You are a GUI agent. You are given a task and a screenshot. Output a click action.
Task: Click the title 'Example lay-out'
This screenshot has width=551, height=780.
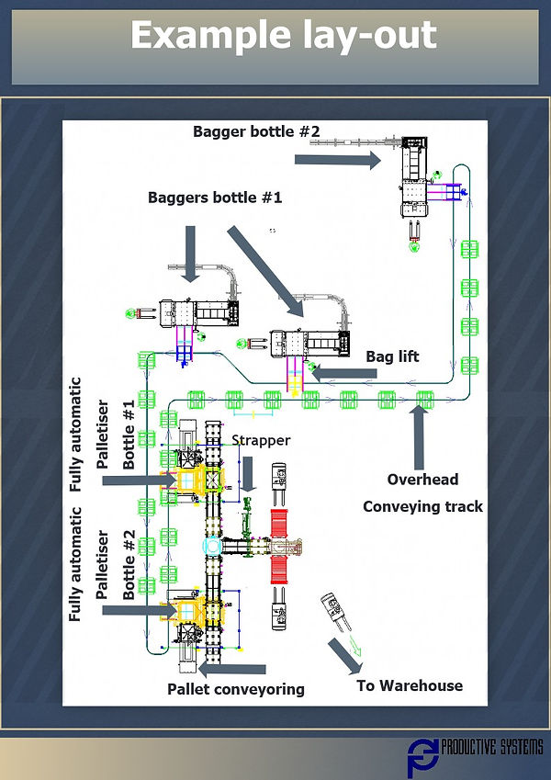[x=283, y=36]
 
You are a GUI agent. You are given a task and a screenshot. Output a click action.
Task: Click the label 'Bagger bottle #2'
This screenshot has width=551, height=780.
[x=256, y=131]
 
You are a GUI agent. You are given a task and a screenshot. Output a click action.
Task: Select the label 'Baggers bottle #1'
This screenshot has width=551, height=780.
[x=216, y=198]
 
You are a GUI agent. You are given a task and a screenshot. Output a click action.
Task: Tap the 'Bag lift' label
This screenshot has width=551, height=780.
[x=392, y=356]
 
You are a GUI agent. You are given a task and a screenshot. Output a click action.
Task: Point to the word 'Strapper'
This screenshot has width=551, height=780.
[x=260, y=440]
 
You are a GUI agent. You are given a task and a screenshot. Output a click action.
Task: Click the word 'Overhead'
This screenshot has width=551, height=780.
[x=422, y=480]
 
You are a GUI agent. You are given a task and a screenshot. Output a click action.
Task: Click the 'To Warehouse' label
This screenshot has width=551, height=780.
[x=410, y=685]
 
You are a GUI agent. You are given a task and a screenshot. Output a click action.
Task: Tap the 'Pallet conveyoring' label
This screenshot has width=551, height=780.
[x=236, y=689]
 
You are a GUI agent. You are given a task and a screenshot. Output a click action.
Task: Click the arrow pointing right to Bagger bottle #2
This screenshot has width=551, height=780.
[x=337, y=160]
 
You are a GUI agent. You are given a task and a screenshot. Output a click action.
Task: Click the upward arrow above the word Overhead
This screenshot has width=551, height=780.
[x=418, y=436]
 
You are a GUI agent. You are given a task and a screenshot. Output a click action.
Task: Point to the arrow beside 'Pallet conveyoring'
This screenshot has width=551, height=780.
[x=238, y=669]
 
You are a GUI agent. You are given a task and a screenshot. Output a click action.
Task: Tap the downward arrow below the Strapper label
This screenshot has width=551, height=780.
[x=246, y=471]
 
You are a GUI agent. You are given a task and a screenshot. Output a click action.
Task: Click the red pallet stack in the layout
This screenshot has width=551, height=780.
[x=279, y=546]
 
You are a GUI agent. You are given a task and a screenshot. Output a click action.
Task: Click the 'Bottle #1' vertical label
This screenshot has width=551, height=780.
[x=129, y=435]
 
